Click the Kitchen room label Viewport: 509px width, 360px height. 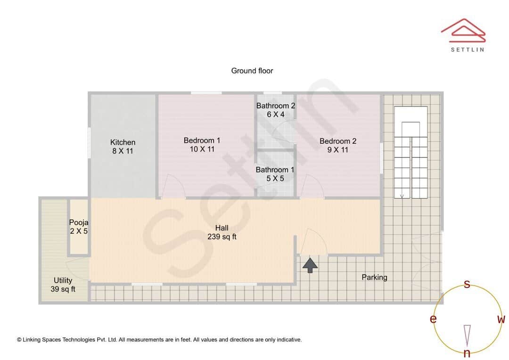tap(123, 142)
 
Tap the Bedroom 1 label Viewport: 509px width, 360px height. tap(202, 140)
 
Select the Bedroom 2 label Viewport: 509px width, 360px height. tap(337, 141)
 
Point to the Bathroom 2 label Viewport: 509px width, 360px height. tap(276, 106)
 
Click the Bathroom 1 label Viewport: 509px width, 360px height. tap(275, 170)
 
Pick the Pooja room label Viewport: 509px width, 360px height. tap(79, 222)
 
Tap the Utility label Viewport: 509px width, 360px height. tap(63, 280)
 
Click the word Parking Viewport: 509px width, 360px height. tap(374, 277)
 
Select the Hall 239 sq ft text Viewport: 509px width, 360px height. tap(222, 232)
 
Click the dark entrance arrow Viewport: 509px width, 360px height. tap(310, 265)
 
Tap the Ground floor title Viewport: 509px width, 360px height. tap(252, 71)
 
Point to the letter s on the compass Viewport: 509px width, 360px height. tap(467, 284)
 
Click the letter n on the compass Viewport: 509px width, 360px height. tap(467, 353)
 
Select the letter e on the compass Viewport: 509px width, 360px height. tap(433, 319)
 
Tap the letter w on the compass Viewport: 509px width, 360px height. tap(501, 319)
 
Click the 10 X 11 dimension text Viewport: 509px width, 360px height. tap(202, 149)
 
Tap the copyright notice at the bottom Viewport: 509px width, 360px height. tap(159, 339)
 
